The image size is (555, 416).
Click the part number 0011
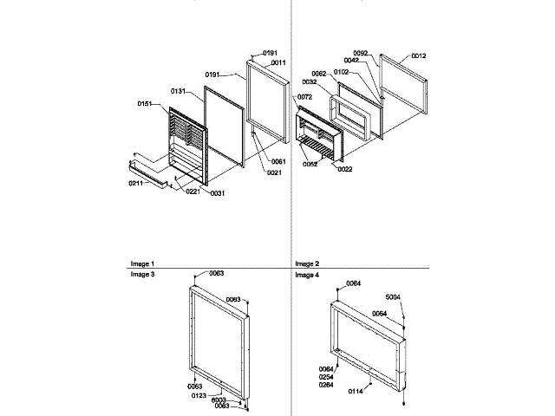(278, 63)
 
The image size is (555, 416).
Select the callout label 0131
(180, 91)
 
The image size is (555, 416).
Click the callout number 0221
(193, 192)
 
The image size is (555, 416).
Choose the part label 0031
(217, 192)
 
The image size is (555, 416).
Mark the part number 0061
(277, 162)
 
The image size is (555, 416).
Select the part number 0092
(361, 54)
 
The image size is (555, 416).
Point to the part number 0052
(310, 164)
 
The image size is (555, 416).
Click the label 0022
(344, 169)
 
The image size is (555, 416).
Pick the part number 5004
(393, 296)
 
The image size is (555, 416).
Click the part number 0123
(199, 394)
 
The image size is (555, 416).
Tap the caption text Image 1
(142, 263)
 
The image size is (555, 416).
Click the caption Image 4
(307, 275)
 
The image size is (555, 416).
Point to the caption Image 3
(142, 275)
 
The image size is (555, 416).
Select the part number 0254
(325, 377)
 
